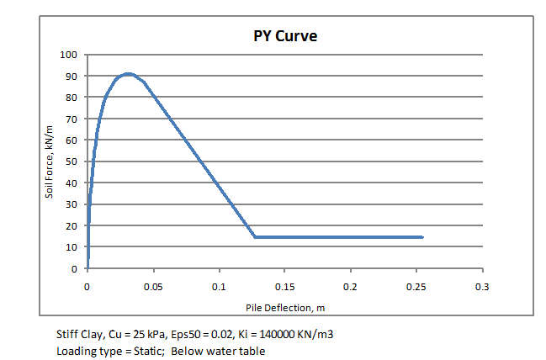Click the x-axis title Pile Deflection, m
[x=284, y=306]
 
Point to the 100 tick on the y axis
[x=67, y=55]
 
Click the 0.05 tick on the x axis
[x=153, y=286]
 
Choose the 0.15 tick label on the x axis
[x=284, y=286]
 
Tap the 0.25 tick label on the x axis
[x=416, y=286]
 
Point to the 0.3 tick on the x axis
[x=482, y=286]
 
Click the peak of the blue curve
[x=127, y=74]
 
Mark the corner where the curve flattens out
[x=254, y=237]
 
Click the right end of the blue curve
[x=422, y=237]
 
